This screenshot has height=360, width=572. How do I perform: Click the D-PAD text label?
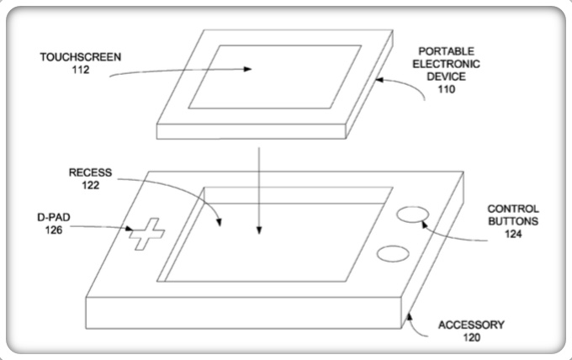click(55, 216)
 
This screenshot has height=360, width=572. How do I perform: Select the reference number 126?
click(55, 229)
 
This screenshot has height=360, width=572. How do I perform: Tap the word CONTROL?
click(514, 209)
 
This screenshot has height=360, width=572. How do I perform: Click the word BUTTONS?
click(514, 222)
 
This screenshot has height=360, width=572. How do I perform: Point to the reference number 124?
click(514, 235)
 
